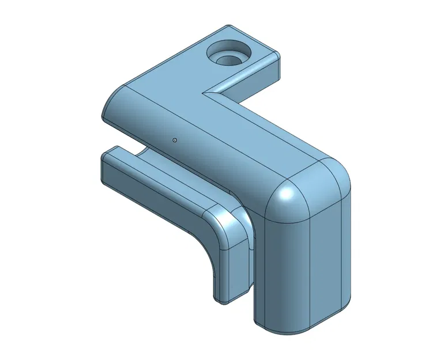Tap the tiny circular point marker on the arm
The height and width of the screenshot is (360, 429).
174,139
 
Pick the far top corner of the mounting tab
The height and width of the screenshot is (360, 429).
227,26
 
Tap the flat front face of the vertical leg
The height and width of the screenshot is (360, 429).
283,271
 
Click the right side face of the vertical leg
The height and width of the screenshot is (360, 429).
332,253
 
